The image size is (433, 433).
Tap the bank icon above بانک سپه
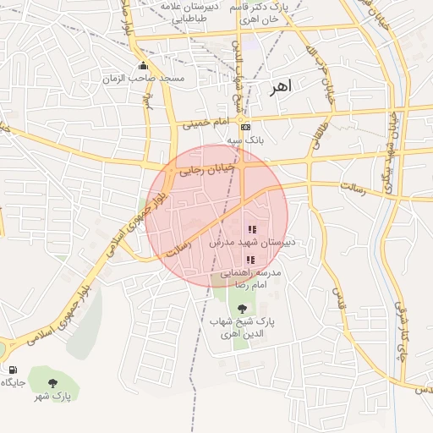click(x=246, y=127)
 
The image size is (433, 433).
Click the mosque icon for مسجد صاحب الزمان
click(x=143, y=66)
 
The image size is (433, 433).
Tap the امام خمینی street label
click(x=206, y=123)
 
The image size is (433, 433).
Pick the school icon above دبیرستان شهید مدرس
click(x=251, y=229)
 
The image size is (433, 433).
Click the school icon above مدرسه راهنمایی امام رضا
click(x=249, y=260)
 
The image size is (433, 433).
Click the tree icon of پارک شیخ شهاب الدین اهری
click(x=243, y=309)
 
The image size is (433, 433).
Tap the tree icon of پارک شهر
click(x=53, y=382)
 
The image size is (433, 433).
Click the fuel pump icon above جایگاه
click(x=13, y=370)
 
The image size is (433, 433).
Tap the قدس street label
click(x=337, y=295)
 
